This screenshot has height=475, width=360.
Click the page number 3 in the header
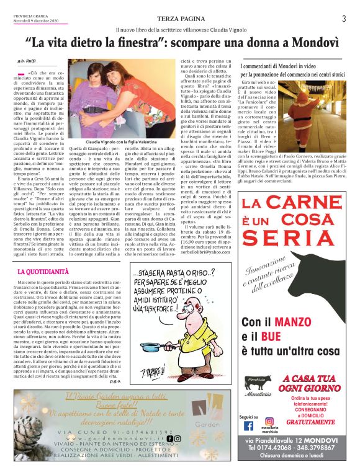[343, 19]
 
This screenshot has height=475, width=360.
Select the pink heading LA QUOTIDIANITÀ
[43, 272]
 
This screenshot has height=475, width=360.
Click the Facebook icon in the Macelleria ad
[249, 426]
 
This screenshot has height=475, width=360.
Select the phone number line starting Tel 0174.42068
[294, 447]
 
